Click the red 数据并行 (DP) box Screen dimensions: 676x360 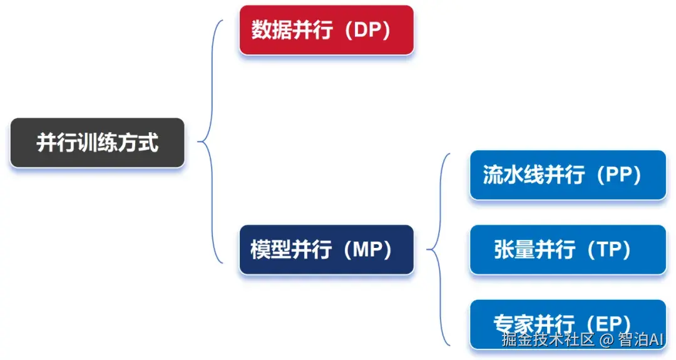(x=326, y=30)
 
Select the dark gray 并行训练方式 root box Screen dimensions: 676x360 (x=98, y=143)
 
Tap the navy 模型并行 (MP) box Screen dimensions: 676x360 (x=326, y=250)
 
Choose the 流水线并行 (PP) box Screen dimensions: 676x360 (x=568, y=175)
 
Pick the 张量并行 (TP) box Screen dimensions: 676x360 (x=568, y=250)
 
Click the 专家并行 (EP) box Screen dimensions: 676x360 (x=568, y=324)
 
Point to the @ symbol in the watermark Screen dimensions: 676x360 (x=606, y=340)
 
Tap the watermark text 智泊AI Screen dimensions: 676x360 (x=640, y=340)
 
